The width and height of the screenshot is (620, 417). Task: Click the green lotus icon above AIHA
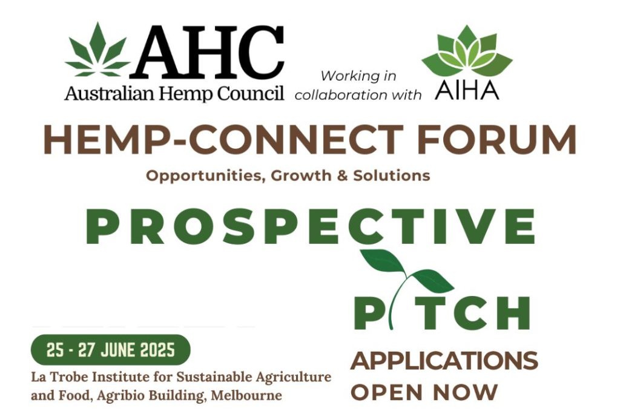tap(467, 51)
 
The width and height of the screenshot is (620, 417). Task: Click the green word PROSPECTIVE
tap(311, 226)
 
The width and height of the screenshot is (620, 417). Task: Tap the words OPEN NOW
tap(424, 392)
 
